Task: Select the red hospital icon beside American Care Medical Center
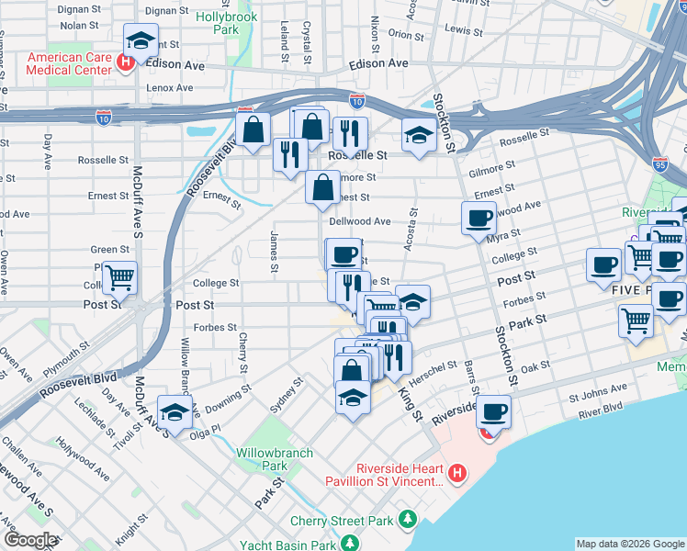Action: coord(128,63)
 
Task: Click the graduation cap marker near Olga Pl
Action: coord(175,410)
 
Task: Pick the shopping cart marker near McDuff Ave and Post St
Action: coord(119,277)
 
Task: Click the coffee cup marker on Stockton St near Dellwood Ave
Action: coord(478,219)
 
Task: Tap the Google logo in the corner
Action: coord(30,540)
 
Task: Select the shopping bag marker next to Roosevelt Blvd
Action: coord(253,128)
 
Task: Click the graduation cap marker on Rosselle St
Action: coord(418,137)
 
